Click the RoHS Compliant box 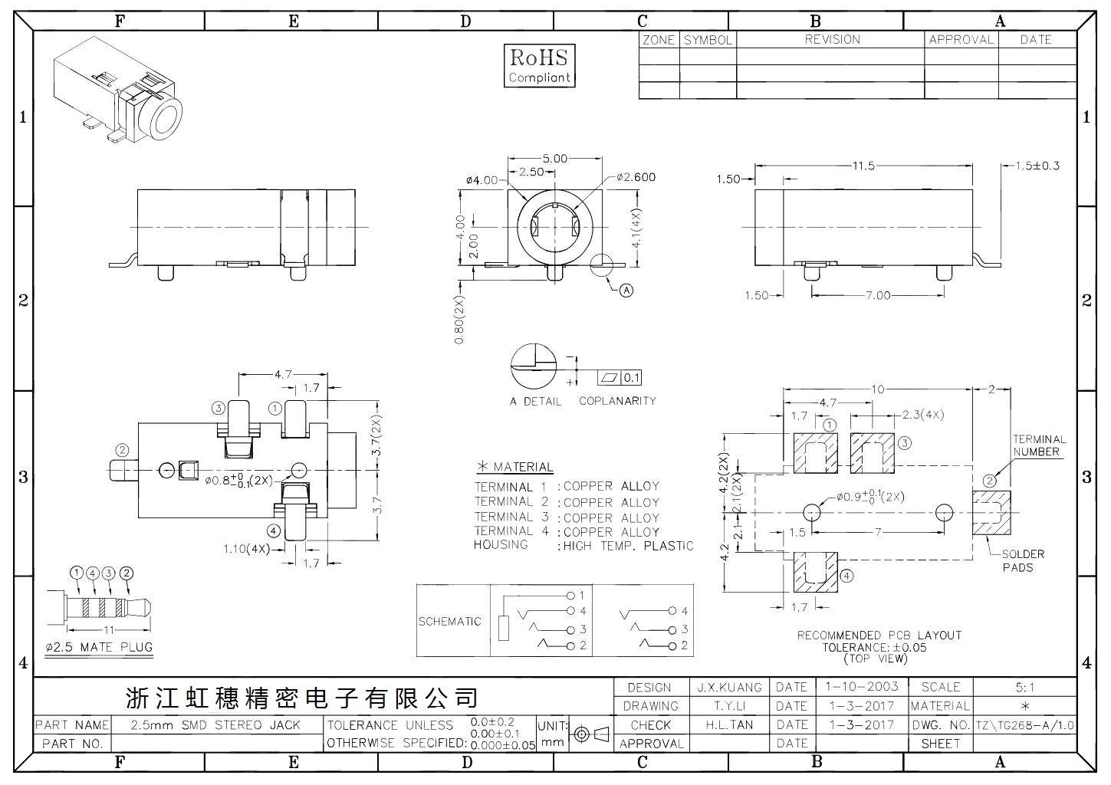539,65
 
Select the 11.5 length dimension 863,166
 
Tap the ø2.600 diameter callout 636,177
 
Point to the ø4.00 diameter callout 482,180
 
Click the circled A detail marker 627,290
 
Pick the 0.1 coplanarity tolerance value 631,378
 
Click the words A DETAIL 536,401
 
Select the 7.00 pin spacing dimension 878,296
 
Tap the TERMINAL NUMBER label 1039,445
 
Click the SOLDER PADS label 1023,561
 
